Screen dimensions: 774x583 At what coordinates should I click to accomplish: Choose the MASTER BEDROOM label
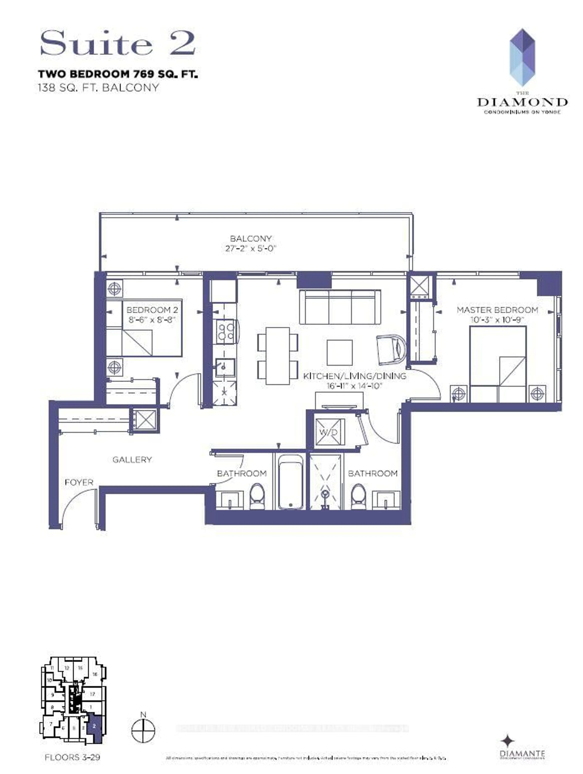coord(497,310)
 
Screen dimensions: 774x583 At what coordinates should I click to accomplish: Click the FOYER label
coord(79,482)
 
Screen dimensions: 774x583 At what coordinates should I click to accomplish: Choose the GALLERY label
coord(132,460)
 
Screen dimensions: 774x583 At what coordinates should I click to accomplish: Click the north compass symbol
coord(143,730)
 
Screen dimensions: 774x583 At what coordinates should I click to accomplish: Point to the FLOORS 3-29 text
coord(72,757)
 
